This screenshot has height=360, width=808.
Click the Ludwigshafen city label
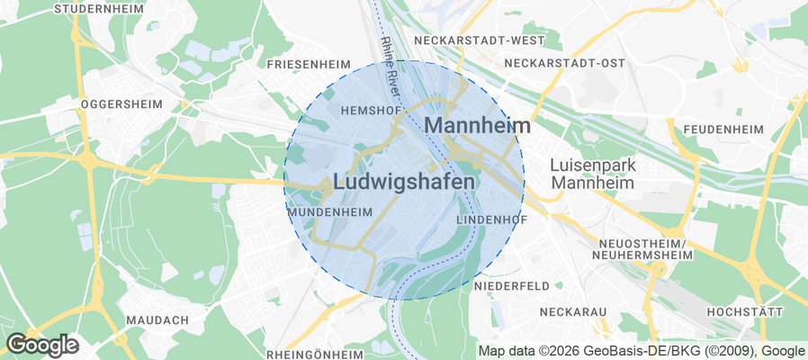[404, 182]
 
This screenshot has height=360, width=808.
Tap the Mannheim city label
[477, 125]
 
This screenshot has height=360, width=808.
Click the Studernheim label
[100, 9]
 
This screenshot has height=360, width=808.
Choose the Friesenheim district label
[309, 65]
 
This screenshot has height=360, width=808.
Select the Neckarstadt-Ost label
[564, 63]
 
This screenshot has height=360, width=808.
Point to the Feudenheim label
[723, 130]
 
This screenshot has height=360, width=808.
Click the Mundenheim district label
[329, 211]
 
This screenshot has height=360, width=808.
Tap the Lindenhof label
[489, 220]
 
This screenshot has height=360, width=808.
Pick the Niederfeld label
[511, 285]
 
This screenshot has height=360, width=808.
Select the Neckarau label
[573, 311]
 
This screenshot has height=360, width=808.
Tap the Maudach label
[157, 320]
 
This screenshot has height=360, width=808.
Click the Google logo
[42, 344]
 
